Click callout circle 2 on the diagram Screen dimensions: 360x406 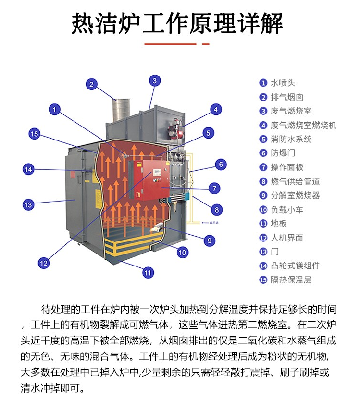[91, 84]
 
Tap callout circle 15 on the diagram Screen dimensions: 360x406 [35, 134]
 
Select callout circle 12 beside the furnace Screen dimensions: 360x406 [43, 263]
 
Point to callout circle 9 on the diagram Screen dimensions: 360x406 [210, 241]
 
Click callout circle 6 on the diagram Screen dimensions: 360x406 [221, 165]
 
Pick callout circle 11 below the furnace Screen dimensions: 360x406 [148, 273]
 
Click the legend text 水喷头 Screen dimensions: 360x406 [283, 83]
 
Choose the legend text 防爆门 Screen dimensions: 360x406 [283, 153]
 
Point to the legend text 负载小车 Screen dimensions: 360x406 [287, 209]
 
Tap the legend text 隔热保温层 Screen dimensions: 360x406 [291, 279]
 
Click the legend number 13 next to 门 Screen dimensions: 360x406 [263, 252]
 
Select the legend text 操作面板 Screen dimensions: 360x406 [287, 167]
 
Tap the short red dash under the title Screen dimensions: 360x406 [206, 44]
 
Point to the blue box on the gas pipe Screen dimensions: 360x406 [187, 195]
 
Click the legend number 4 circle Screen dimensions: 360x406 [263, 126]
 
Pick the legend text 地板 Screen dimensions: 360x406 [279, 224]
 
